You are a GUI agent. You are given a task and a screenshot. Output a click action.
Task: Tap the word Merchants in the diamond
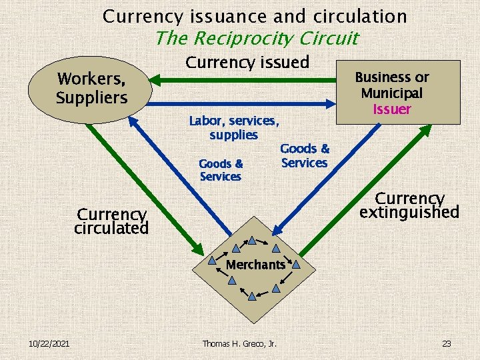(255, 265)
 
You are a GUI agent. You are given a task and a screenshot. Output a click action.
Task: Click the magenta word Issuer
(392, 109)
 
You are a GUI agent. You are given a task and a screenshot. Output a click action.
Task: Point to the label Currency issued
(247, 63)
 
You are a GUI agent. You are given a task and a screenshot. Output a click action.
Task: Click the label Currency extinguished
(409, 205)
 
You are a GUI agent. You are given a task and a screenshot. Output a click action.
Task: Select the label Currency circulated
(111, 221)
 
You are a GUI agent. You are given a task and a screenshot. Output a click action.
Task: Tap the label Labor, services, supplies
(233, 128)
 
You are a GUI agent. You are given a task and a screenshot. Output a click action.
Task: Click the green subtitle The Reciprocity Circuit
(256, 39)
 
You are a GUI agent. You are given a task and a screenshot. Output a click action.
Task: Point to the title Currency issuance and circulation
(255, 16)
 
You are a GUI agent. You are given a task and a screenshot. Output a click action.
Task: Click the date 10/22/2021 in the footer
(50, 343)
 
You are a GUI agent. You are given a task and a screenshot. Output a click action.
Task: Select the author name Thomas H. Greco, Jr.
(239, 343)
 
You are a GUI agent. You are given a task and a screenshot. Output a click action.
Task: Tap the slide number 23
(446, 343)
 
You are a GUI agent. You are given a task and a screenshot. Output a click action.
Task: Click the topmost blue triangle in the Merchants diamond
(253, 240)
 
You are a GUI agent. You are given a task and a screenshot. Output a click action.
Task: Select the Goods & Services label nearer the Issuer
(305, 156)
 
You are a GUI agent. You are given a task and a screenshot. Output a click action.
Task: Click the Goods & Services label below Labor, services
(221, 170)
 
